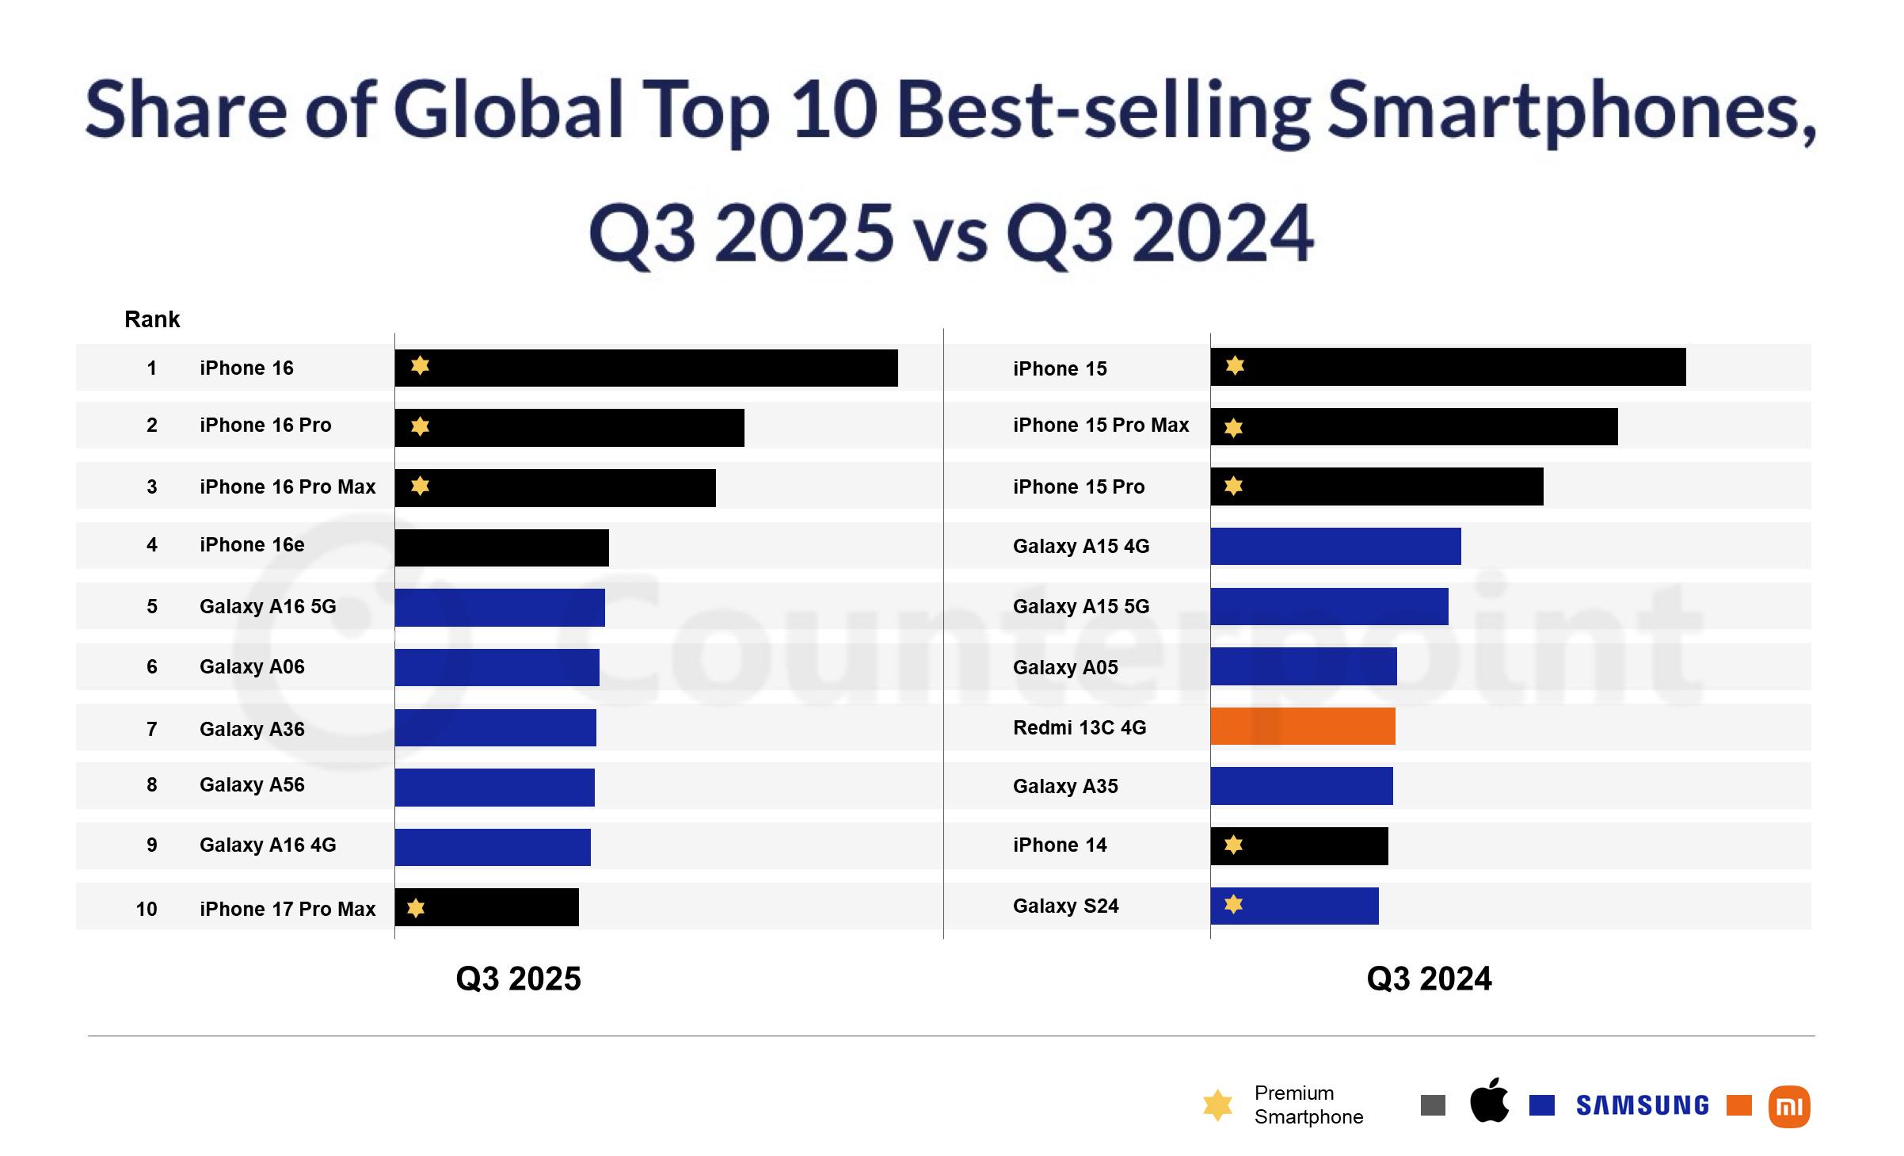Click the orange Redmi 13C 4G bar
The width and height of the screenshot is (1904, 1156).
coord(1302,727)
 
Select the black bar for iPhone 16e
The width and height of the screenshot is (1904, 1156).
coord(501,547)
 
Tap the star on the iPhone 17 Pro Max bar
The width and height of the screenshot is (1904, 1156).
coord(416,908)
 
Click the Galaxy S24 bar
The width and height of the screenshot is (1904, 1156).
coord(1294,906)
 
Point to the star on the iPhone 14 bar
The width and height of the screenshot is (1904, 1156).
coord(1233,845)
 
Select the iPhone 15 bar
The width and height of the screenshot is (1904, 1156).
coord(1448,367)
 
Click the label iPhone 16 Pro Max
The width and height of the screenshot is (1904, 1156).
coord(288,486)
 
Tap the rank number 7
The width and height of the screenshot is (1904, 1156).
coord(151,729)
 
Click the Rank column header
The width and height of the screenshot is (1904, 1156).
coord(152,319)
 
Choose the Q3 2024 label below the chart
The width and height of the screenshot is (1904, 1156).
coord(1429,979)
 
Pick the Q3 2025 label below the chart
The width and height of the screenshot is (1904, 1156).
coord(518,979)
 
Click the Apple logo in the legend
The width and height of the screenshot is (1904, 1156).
coord(1489,1101)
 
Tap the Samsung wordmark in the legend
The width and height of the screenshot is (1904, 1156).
coord(1642,1105)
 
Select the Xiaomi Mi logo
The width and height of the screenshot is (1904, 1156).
coord(1788,1106)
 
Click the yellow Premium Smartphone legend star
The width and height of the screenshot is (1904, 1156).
coord(1217,1104)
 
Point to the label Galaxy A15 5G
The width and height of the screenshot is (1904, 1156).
coord(1080,606)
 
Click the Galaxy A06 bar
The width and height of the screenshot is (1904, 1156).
coord(497,667)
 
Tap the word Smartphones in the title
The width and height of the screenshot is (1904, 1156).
coord(1568,111)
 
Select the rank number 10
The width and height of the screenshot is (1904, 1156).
coord(147,909)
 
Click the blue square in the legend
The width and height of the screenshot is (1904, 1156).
coord(1541,1105)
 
